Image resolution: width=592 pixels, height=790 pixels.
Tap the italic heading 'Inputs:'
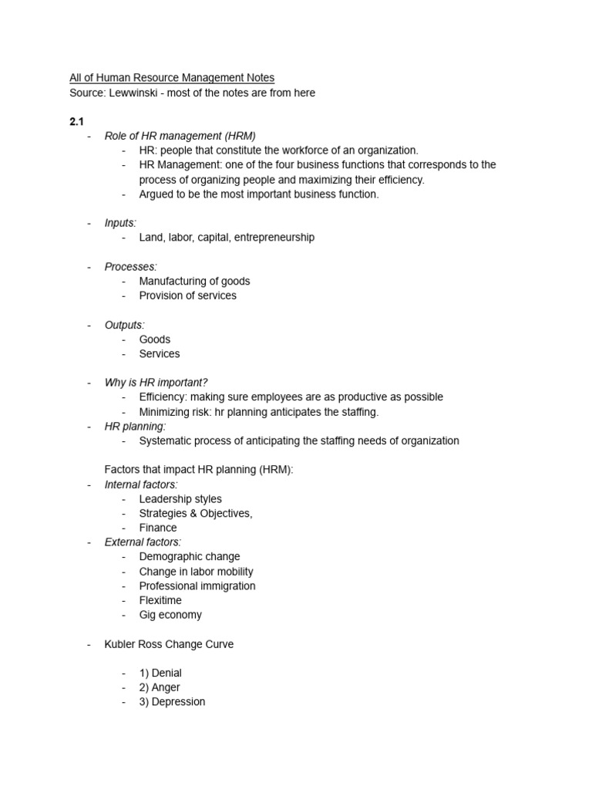[x=120, y=223]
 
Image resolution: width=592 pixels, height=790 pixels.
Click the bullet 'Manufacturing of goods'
[x=194, y=281]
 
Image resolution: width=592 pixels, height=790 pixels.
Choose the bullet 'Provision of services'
[x=187, y=295]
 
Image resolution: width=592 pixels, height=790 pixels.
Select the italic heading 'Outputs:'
[x=124, y=325]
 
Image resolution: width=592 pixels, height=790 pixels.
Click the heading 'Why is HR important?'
[x=156, y=383]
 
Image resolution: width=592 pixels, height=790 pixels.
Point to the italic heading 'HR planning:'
[x=135, y=426]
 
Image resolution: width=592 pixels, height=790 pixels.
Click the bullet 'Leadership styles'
[x=180, y=499]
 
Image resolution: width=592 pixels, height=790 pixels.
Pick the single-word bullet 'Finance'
[x=158, y=528]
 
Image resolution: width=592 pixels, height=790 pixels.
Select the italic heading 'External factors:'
[x=143, y=542]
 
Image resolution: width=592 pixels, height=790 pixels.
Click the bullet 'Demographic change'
[x=190, y=556]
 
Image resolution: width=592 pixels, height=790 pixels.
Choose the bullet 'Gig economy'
[x=170, y=615]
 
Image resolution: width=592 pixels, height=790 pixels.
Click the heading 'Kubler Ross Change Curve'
[x=169, y=644]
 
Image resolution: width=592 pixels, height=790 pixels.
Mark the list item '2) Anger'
[x=160, y=687]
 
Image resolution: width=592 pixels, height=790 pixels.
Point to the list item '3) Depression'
[x=173, y=702]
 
